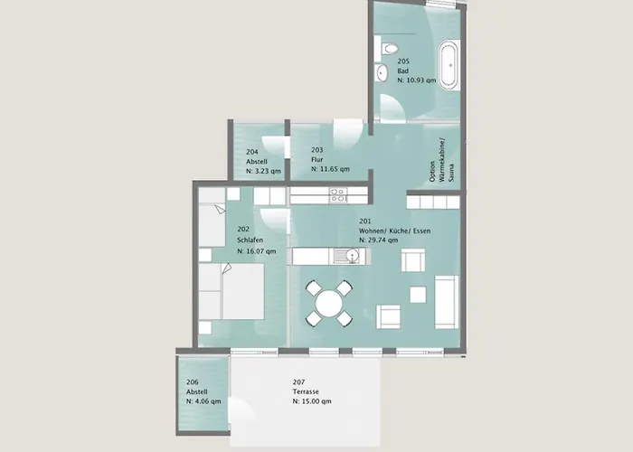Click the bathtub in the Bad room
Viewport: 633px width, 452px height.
point(449,64)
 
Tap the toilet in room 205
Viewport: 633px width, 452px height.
point(388,49)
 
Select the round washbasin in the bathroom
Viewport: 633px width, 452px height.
point(381,73)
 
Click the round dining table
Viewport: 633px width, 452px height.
point(329,304)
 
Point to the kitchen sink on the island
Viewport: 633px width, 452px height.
point(346,256)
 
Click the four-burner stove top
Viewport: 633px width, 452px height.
point(338,194)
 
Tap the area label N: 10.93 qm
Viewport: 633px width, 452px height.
point(417,80)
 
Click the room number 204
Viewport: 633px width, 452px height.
point(252,152)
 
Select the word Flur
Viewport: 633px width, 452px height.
point(316,159)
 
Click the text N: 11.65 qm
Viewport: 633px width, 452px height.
point(330,169)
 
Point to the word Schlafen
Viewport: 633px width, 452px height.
point(250,240)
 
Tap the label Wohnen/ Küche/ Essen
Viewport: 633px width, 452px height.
point(394,231)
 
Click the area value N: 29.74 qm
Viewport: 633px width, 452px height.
point(378,240)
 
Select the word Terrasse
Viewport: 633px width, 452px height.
point(306,391)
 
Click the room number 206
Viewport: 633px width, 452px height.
point(192,382)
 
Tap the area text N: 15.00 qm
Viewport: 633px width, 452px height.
point(312,401)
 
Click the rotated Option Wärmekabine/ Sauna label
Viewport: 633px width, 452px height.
point(441,160)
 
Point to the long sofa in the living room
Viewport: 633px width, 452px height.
point(447,302)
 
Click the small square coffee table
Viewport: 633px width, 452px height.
point(418,295)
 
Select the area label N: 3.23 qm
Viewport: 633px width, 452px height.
point(263,171)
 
